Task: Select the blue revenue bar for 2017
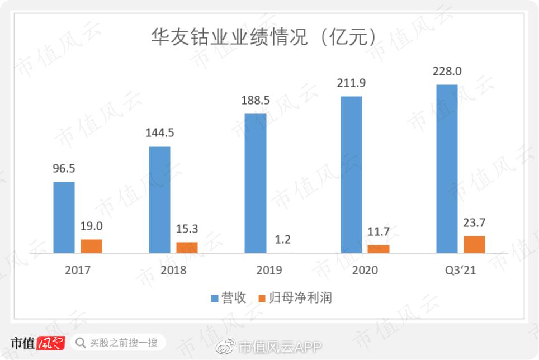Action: [64, 217]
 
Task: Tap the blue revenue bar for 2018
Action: [160, 200]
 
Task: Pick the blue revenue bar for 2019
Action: [256, 183]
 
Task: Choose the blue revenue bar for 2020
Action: [351, 174]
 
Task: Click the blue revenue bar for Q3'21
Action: [447, 169]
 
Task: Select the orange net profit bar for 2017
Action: [92, 247]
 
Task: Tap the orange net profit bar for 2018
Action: [187, 248]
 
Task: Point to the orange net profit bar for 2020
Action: [379, 249]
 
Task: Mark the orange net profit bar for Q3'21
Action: [474, 244]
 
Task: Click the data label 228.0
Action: [447, 72]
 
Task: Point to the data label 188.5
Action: [256, 101]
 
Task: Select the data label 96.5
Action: [64, 169]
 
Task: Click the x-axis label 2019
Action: [269, 270]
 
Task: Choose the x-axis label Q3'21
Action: [460, 270]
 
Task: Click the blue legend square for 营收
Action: [215, 299]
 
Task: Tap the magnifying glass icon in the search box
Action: [81, 342]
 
